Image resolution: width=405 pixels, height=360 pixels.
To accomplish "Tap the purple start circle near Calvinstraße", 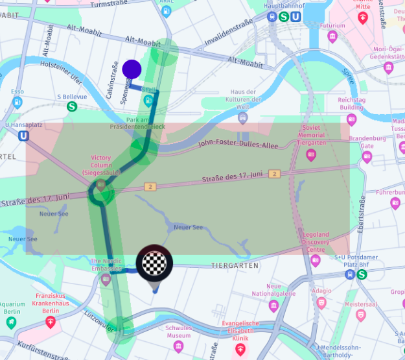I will (x=132, y=69).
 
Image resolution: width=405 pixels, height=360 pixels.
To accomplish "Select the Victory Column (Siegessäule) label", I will (x=101, y=165).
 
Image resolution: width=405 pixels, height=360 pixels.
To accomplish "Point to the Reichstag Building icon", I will (x=351, y=119).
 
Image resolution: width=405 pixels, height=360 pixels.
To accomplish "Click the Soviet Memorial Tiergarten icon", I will (x=311, y=154).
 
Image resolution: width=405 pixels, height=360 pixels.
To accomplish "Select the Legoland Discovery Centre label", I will (x=316, y=242).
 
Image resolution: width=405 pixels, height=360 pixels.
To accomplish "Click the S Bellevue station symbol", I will (x=72, y=106).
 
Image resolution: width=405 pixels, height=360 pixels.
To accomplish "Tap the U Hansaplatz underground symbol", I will (x=24, y=136).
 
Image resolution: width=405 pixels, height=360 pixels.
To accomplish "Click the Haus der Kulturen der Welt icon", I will (x=242, y=117).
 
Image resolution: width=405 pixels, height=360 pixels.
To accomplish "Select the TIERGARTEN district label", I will (x=235, y=266).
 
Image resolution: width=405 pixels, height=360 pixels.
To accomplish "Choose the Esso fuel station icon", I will (x=17, y=102).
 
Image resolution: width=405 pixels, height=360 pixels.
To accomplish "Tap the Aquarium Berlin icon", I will (x=11, y=322).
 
